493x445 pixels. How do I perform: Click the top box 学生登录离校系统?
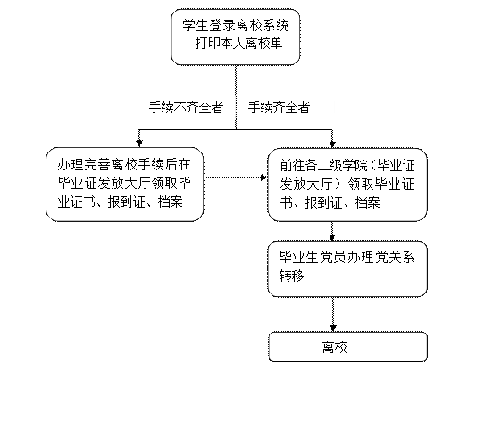pos(236,37)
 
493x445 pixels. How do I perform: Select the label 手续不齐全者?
pos(186,107)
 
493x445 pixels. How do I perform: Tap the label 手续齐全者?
pos(279,107)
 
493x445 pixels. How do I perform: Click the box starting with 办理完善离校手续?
pos(124,185)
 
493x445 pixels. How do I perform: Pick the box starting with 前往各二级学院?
pos(347,185)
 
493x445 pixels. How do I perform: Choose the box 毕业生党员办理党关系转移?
pos(347,268)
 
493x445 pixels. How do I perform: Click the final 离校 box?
pos(348,347)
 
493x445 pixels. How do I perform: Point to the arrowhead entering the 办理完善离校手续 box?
pos(139,144)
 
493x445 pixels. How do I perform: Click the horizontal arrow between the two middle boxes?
pos(236,177)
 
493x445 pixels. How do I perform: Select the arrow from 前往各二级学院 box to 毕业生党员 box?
pos(332,232)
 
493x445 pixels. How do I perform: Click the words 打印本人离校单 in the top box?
pos(238,43)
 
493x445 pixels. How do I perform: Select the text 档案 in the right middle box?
pos(368,202)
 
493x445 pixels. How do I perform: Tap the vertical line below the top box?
pos(236,97)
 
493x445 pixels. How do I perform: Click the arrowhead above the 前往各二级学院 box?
pos(332,144)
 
